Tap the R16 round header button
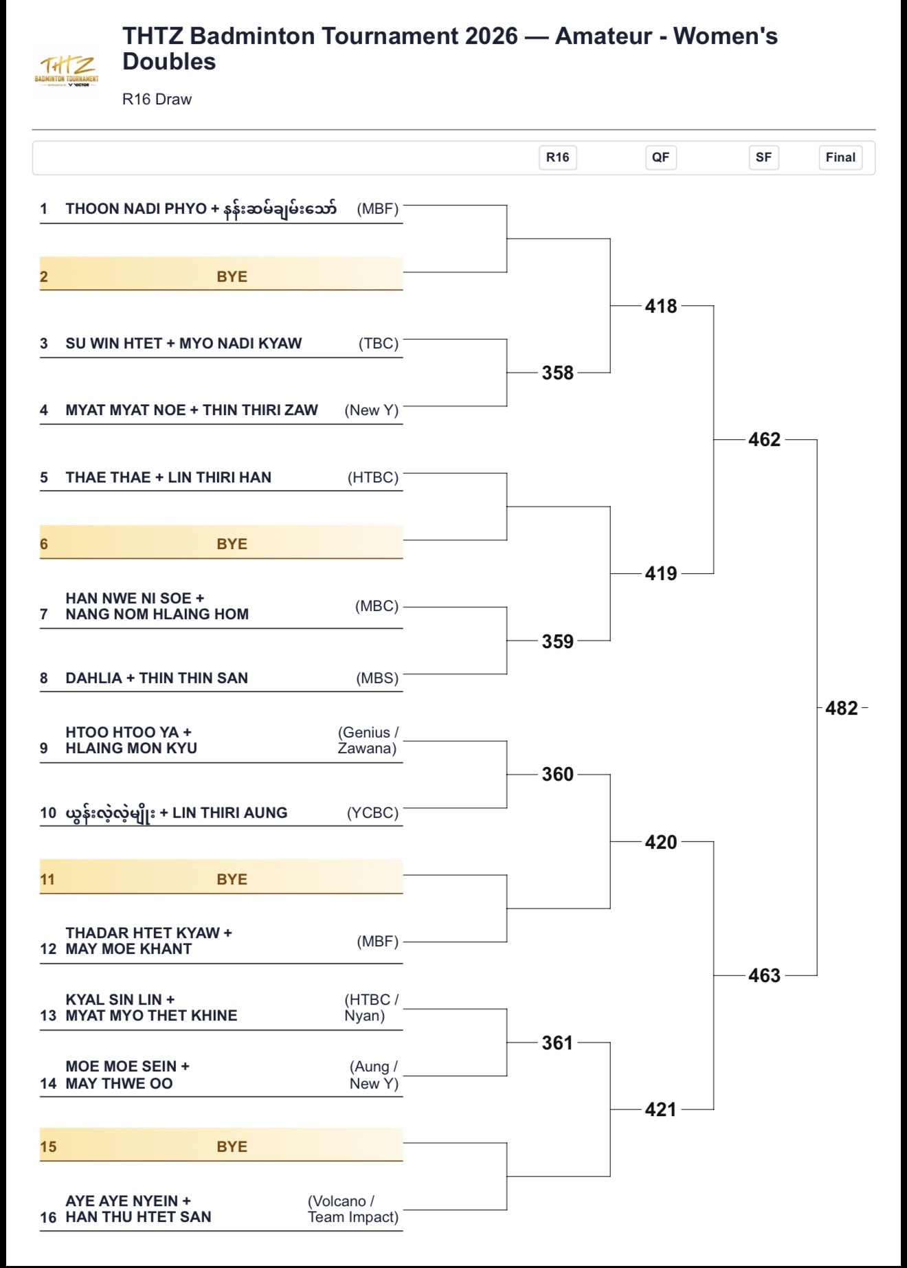pyautogui.click(x=557, y=157)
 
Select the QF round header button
pyautogui.click(x=660, y=157)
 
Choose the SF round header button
pyautogui.click(x=763, y=157)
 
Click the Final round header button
pyautogui.click(x=840, y=157)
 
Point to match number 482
pyautogui.click(x=842, y=708)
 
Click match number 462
pyautogui.click(x=764, y=440)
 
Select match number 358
pyautogui.click(x=557, y=373)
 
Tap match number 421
pyautogui.click(x=661, y=1109)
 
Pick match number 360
pyautogui.click(x=557, y=775)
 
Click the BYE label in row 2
pyautogui.click(x=232, y=276)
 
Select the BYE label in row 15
pyautogui.click(x=232, y=1146)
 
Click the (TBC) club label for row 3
pyautogui.click(x=379, y=344)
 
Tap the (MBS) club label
pyautogui.click(x=377, y=678)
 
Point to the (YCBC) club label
pyautogui.click(x=372, y=813)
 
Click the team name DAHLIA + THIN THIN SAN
pyautogui.click(x=157, y=678)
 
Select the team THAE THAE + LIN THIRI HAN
pyautogui.click(x=168, y=478)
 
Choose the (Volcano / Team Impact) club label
pyautogui.click(x=352, y=1209)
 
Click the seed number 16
pyautogui.click(x=48, y=1217)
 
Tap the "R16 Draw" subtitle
pyautogui.click(x=157, y=99)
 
